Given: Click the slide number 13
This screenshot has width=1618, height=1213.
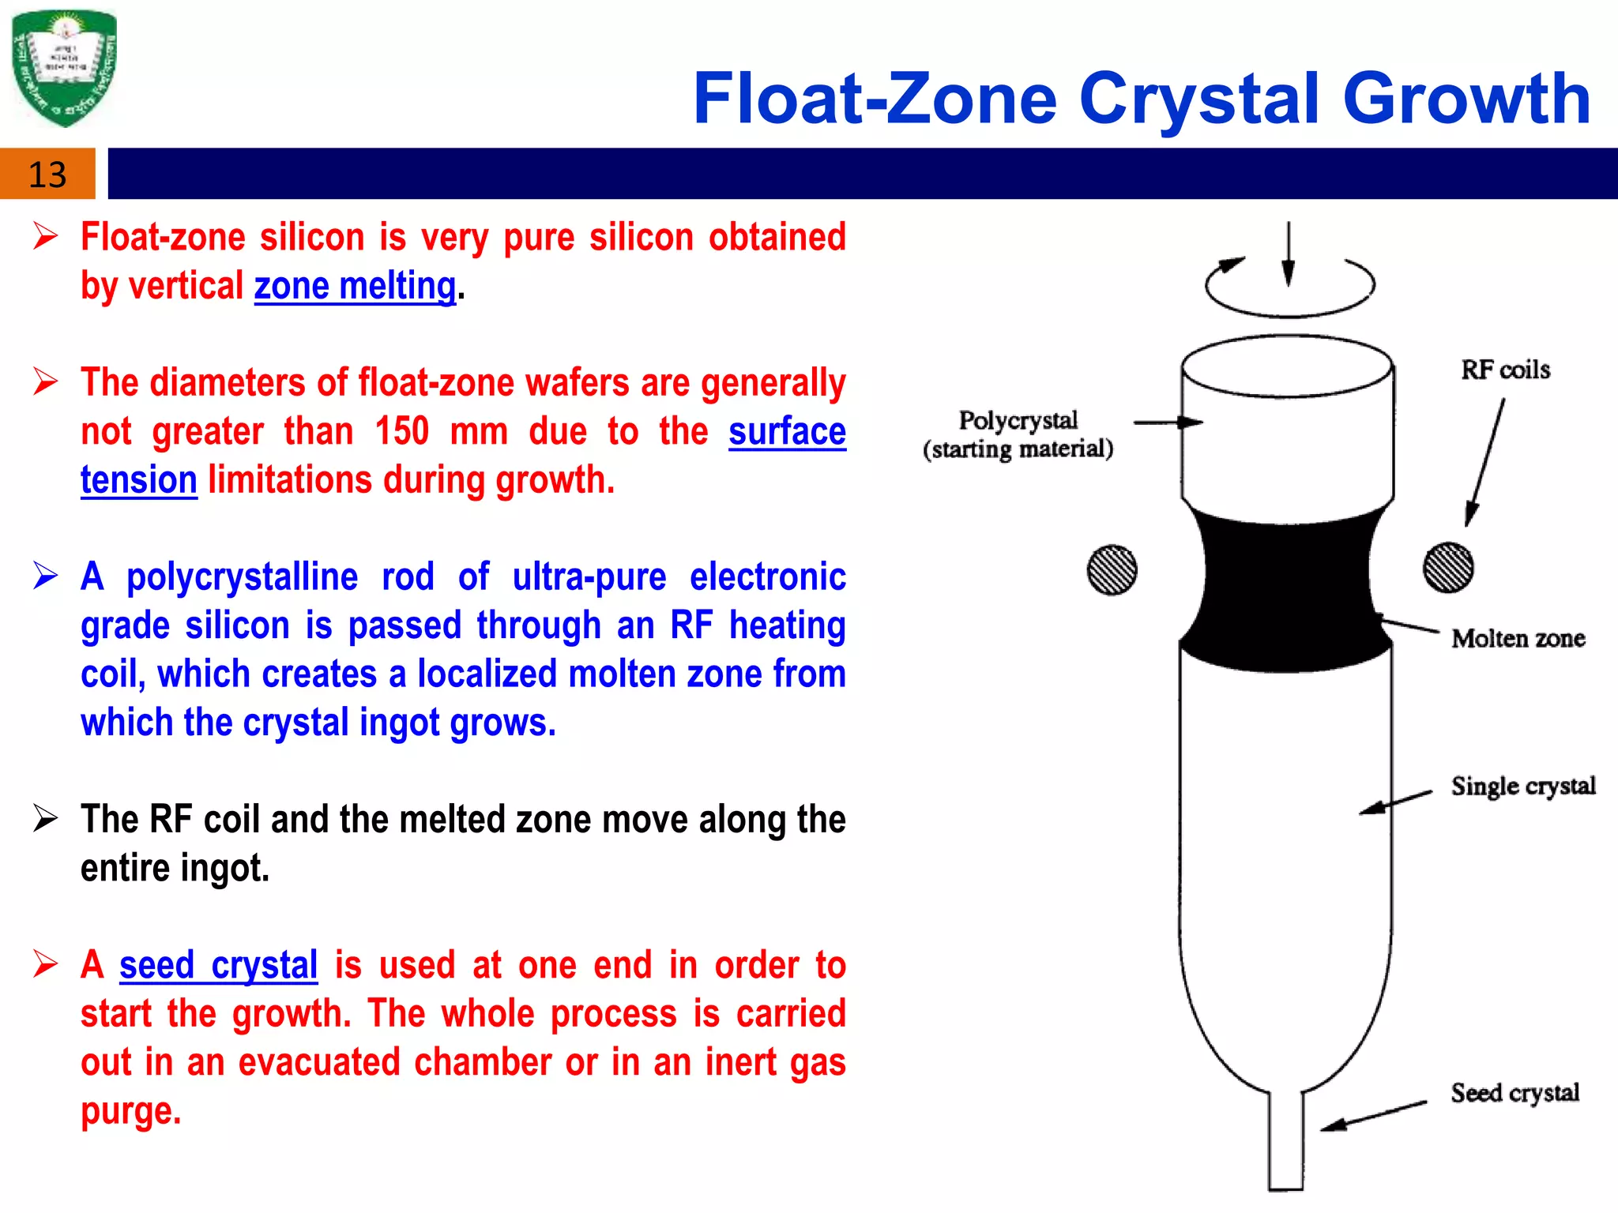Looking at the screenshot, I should (x=47, y=175).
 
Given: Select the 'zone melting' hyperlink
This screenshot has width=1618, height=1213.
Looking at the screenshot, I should (x=355, y=286).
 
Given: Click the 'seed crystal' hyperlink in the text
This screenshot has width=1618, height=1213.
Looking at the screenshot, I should (x=218, y=965).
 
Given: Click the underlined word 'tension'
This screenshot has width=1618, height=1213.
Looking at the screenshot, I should (x=138, y=480).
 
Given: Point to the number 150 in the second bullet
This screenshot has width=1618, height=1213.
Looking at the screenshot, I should (x=401, y=432).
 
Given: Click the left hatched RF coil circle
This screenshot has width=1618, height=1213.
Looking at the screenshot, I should (x=1112, y=569).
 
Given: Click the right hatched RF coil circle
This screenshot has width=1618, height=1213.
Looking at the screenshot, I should (x=1447, y=567).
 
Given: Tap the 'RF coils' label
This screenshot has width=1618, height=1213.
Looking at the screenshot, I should (x=1505, y=370).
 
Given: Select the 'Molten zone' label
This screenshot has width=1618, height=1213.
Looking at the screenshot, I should (x=1518, y=638).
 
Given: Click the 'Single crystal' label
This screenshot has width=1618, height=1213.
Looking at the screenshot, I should (x=1522, y=786).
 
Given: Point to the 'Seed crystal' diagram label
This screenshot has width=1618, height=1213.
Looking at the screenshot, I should (x=1515, y=1093).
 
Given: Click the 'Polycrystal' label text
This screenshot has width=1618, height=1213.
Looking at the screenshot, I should (x=1018, y=420).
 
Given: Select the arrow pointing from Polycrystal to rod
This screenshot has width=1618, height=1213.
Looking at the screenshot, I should (x=1167, y=422).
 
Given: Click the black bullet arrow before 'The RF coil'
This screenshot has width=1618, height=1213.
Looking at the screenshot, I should (x=46, y=818).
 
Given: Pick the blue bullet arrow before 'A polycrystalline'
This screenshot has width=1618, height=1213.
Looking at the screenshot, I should (x=46, y=576).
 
